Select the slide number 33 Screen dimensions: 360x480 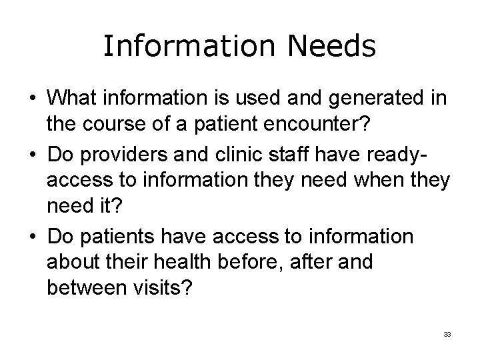click(447, 334)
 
